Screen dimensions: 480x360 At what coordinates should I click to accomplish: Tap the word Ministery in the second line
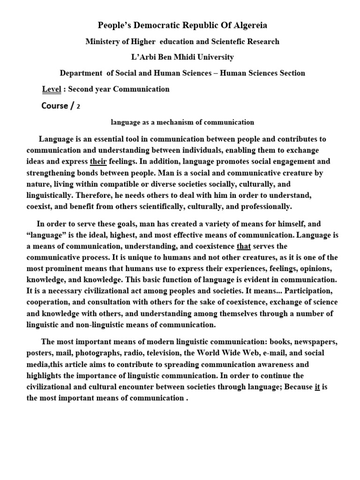[103, 42]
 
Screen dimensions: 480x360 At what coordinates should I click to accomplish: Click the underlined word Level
[52, 89]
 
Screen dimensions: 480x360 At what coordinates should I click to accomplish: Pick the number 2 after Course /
[78, 106]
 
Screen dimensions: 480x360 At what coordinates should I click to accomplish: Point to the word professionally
[265, 207]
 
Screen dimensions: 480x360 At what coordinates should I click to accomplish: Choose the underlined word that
[244, 247]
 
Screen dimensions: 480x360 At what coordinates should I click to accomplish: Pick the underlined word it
[317, 387]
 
